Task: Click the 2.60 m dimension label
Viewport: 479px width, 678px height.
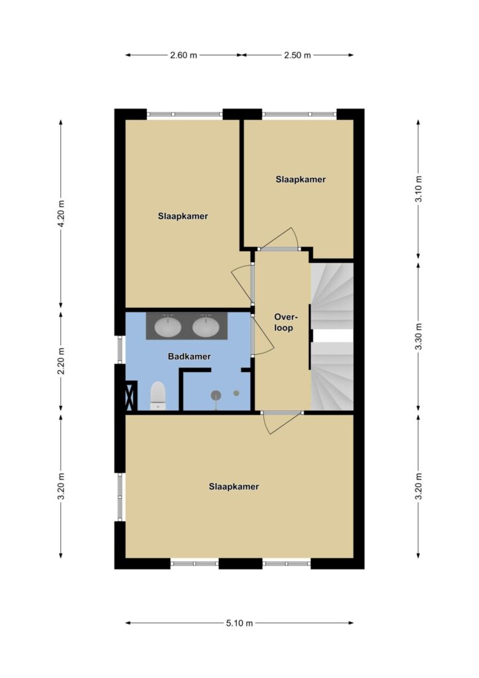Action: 183,55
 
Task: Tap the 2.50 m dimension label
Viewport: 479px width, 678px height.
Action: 297,55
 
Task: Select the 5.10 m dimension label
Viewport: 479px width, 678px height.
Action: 239,623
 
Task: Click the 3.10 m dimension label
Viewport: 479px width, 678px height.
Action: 418,189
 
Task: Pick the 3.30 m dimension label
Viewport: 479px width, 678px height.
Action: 418,336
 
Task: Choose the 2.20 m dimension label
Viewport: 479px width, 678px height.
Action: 61,361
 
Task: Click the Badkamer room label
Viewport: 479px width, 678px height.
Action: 189,356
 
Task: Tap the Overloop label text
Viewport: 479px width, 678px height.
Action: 283,322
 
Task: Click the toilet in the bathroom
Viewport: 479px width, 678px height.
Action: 158,395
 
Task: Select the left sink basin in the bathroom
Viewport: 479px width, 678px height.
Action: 168,326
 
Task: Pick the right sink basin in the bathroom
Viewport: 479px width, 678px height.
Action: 206,326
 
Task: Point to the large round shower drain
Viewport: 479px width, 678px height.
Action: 216,395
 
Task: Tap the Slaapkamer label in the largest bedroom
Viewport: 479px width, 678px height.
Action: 234,487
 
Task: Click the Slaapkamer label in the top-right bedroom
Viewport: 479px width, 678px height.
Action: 300,179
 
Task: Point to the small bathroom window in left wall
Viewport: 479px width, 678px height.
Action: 120,350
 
